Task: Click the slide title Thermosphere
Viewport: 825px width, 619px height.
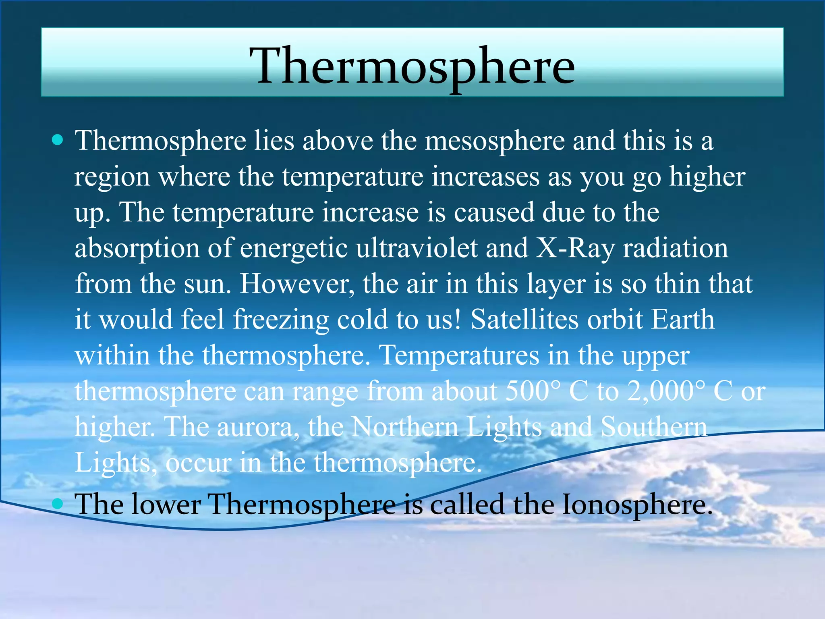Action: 412,65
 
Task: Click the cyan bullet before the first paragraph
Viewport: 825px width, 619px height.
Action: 58,140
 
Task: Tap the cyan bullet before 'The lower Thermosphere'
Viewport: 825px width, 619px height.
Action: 58,503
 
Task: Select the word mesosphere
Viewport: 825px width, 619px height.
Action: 495,141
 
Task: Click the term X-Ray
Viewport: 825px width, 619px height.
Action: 575,248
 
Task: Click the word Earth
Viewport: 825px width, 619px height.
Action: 683,320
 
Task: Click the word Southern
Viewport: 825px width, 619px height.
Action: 654,427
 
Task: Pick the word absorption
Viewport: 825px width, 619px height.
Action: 137,249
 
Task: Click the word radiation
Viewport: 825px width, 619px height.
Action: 676,248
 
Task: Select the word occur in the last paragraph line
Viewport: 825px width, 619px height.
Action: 198,463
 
